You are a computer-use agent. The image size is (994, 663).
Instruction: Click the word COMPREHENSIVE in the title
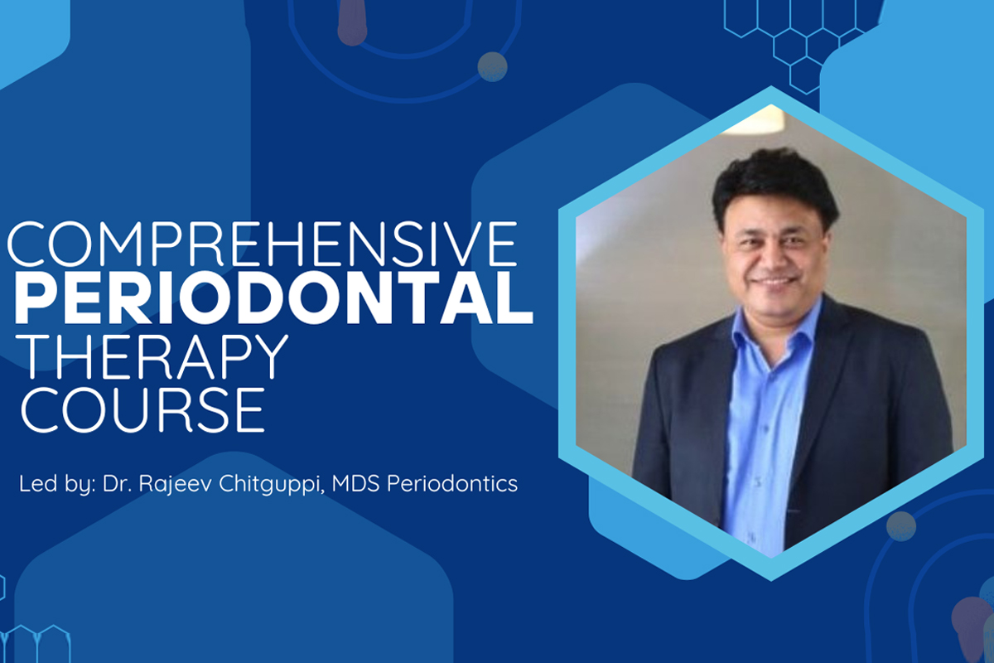pyautogui.click(x=263, y=244)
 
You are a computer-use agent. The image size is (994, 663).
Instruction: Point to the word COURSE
pyautogui.click(x=142, y=410)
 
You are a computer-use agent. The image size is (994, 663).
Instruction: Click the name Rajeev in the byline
pyautogui.click(x=176, y=484)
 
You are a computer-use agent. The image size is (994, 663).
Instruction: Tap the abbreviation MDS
pyautogui.click(x=355, y=483)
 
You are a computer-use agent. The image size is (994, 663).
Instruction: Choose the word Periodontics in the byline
pyautogui.click(x=452, y=483)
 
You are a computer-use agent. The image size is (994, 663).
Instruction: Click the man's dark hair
pyautogui.click(x=774, y=182)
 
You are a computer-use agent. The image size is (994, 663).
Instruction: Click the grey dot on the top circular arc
pyautogui.click(x=492, y=66)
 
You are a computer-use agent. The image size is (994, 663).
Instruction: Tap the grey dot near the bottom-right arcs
pyautogui.click(x=901, y=526)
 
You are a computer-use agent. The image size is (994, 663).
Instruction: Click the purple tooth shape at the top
pyautogui.click(x=352, y=23)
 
